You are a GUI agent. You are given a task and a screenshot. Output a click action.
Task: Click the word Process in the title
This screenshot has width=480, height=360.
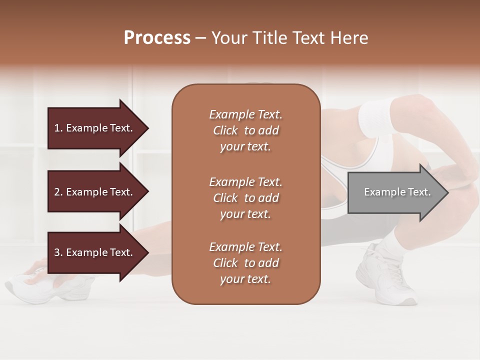(157, 38)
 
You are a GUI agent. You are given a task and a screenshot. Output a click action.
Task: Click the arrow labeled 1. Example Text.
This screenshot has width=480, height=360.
(95, 128)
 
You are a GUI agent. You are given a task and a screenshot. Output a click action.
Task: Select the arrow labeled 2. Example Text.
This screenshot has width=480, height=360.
(95, 192)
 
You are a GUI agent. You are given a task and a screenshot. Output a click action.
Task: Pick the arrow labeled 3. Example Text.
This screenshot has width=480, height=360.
(95, 252)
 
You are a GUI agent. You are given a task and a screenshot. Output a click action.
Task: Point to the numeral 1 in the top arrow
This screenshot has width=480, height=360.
(57, 128)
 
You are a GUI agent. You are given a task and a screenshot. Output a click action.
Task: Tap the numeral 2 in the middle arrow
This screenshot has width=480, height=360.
(57, 192)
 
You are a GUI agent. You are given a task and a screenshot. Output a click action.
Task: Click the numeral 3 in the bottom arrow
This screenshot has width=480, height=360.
(57, 252)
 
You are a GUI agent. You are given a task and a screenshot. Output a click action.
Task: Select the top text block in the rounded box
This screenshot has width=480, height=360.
(245, 130)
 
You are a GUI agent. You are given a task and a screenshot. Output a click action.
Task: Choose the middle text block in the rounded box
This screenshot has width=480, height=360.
(245, 198)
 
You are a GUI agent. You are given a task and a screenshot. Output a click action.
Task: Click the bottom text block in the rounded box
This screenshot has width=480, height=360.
(245, 263)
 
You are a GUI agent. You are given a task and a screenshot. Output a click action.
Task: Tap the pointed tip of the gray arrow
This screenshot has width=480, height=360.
(447, 192)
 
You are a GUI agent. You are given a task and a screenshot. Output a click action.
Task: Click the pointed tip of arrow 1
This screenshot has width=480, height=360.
(147, 128)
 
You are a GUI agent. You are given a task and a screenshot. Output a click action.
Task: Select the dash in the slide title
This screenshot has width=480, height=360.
(200, 38)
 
